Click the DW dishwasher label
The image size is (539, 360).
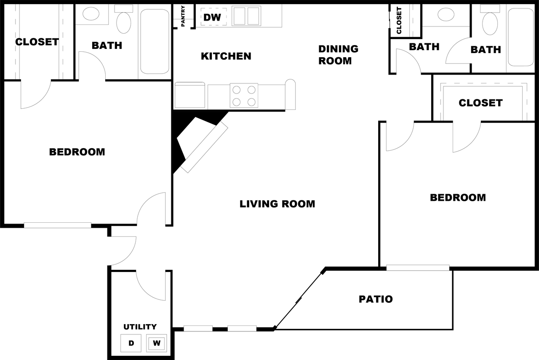[x=212, y=17]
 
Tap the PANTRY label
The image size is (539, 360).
[x=183, y=16]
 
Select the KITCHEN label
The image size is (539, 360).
[x=226, y=56]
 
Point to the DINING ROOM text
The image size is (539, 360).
[x=338, y=55]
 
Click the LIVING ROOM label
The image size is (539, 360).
[x=277, y=204]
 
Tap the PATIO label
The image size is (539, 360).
[x=376, y=299]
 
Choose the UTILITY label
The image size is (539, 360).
[x=140, y=327]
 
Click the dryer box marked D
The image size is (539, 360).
[x=131, y=343]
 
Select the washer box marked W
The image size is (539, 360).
[x=156, y=343]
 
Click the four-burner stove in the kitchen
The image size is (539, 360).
[x=244, y=96]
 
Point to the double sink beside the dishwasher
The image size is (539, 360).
[x=246, y=16]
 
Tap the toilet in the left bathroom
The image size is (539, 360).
[x=124, y=19]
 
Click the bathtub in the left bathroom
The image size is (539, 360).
[x=155, y=41]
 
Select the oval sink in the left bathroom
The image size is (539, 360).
[x=91, y=13]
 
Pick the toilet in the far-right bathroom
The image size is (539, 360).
[x=490, y=20]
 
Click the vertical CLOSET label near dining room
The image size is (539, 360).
[x=399, y=20]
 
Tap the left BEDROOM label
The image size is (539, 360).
[x=77, y=152]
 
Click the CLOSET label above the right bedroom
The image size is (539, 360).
[x=480, y=103]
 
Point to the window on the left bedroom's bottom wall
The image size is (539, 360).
[x=58, y=225]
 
